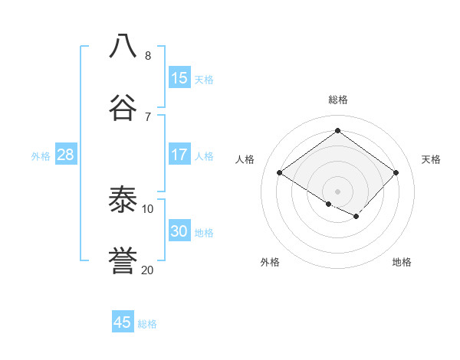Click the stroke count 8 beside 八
[148, 55]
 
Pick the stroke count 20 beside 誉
[147, 270]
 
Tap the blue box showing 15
[179, 78]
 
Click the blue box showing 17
[179, 155]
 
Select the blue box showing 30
[179, 231]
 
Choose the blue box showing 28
[65, 155]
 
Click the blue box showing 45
[123, 322]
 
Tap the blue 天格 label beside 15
[203, 80]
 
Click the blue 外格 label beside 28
[41, 156]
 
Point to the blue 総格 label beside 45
[147, 324]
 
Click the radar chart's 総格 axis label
[337, 100]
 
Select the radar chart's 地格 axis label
[402, 262]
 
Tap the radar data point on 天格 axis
[396, 172]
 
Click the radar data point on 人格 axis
[280, 172]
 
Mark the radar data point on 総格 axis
[337, 130]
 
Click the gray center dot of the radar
[337, 191]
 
